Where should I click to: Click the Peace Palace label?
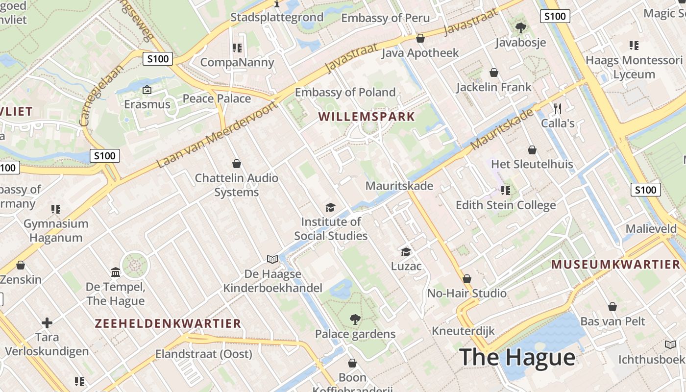tap(217, 98)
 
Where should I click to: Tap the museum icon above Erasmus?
tap(147, 90)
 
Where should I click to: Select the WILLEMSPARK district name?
tap(367, 117)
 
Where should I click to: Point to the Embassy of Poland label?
tap(345, 92)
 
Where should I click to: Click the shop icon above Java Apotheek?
tap(420, 38)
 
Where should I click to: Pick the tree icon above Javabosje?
tap(520, 28)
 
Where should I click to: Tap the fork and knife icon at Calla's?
tap(557, 108)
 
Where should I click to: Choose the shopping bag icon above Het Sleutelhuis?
tap(532, 150)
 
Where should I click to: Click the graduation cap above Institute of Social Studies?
tap(330, 207)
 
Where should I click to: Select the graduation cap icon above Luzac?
tap(406, 252)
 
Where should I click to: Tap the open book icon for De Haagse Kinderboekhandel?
tap(272, 259)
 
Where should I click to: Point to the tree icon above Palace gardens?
tap(355, 320)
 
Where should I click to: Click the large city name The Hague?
tap(517, 357)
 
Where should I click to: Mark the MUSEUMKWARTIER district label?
tap(616, 265)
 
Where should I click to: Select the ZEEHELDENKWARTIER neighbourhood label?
tap(168, 323)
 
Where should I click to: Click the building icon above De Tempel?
tap(116, 272)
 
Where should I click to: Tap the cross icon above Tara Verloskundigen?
tap(47, 323)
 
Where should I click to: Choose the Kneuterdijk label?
tap(463, 331)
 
